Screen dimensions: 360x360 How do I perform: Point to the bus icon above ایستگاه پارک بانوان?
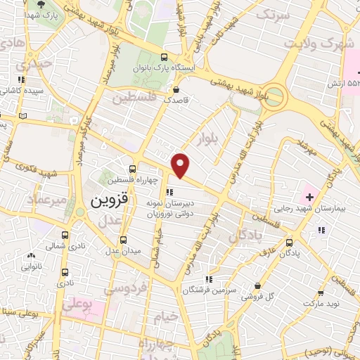(164, 58)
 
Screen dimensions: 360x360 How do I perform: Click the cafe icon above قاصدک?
(175, 89)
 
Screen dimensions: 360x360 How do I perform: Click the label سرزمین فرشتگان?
(216, 290)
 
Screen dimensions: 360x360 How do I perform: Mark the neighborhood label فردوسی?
(125, 288)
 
